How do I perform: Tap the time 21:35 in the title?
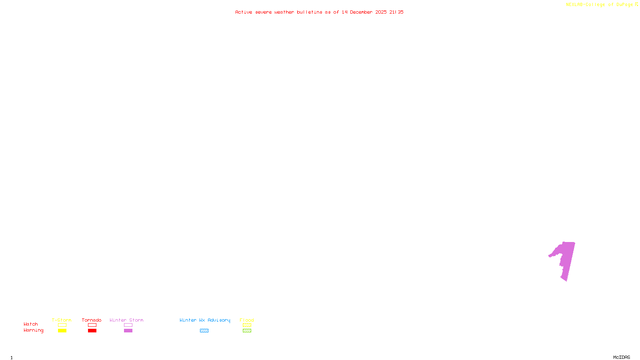point(396,12)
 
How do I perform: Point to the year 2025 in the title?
point(381,12)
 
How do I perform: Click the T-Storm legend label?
point(62,320)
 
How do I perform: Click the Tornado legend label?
point(92,320)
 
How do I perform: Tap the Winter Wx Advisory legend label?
point(205,320)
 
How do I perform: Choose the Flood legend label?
point(247,320)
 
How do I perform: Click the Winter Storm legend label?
point(126,320)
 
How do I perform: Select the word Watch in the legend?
point(31,324)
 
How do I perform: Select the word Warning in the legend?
point(34,330)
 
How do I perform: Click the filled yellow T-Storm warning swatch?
point(62,331)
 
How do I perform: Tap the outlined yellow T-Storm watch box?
point(62,325)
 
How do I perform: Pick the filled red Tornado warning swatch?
point(92,331)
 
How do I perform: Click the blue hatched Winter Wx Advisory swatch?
point(204,331)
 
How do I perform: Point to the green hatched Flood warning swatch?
point(247,331)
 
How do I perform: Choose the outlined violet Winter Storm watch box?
point(128,325)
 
